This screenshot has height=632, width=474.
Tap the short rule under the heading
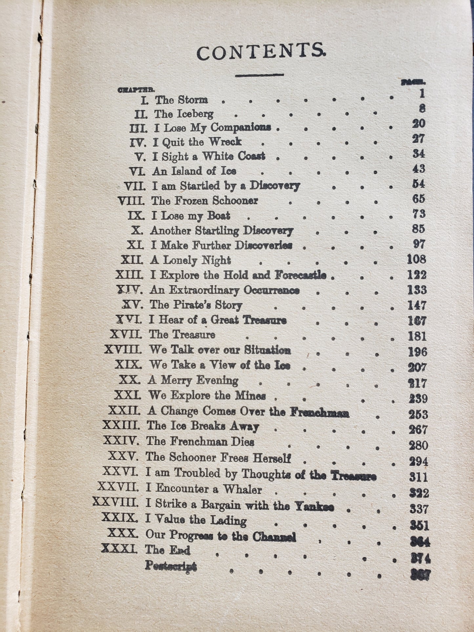[259, 75]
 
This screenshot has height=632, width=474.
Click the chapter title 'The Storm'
[181, 99]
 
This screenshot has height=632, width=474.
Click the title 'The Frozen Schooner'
[204, 200]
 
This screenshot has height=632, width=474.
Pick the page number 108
[416, 259]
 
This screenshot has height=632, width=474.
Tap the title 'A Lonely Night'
[190, 260]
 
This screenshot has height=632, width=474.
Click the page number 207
[417, 368]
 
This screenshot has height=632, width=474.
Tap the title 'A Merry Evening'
[193, 380]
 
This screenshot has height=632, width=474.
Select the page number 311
[419, 477]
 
